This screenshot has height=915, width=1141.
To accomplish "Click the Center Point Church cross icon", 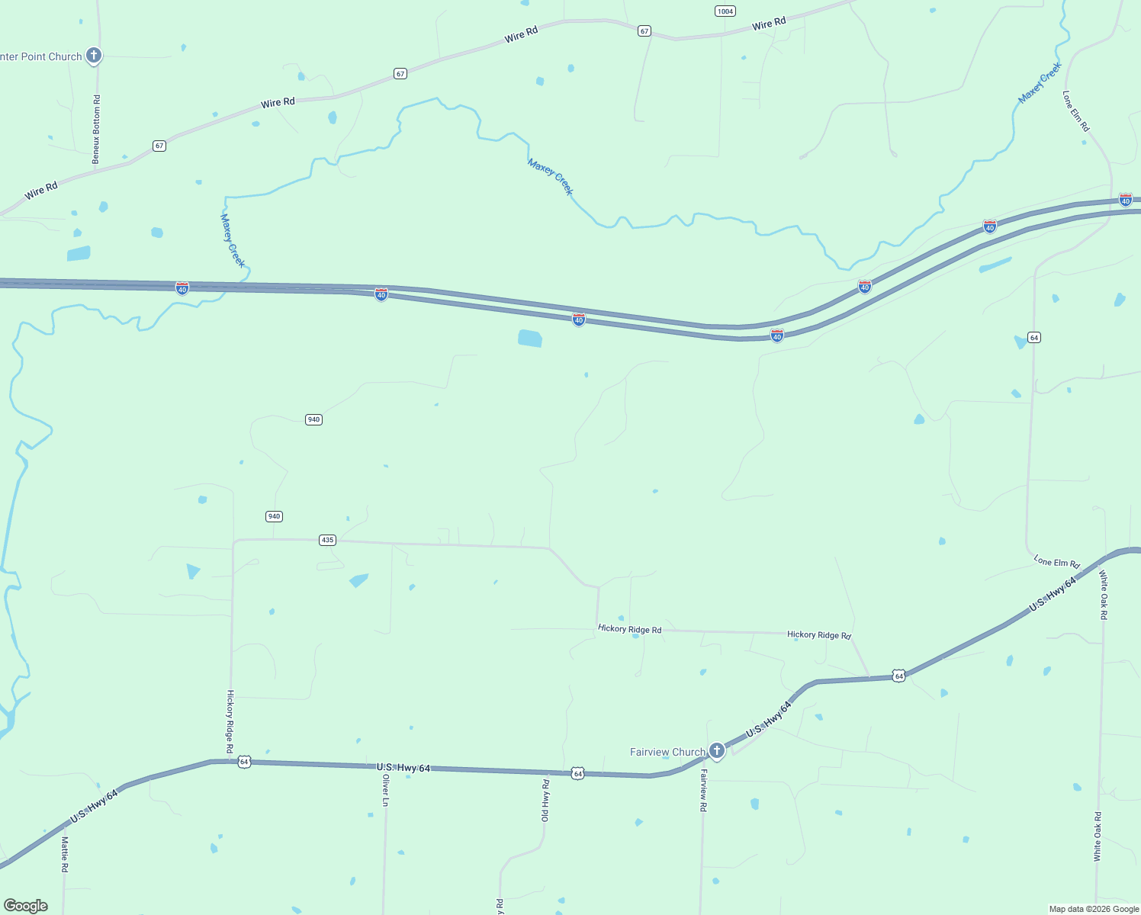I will pyautogui.click(x=94, y=55).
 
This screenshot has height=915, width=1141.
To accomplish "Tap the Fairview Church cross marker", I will pyautogui.click(x=716, y=750).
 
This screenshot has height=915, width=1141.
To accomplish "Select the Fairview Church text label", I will pyautogui.click(x=667, y=752).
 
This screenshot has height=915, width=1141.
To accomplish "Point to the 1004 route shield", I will pyautogui.click(x=725, y=11).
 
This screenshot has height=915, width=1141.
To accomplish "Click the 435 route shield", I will pyautogui.click(x=327, y=540).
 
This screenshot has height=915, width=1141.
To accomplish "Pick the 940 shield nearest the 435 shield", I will pyautogui.click(x=274, y=516).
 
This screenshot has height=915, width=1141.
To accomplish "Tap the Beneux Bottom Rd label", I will pyautogui.click(x=96, y=130).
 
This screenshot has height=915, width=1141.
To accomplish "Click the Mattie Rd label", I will pyautogui.click(x=65, y=854).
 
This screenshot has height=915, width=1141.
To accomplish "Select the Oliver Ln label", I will pyautogui.click(x=386, y=791).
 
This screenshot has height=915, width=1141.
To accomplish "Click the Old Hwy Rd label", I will pyautogui.click(x=545, y=801).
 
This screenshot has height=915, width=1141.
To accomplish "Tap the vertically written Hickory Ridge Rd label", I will pyautogui.click(x=230, y=722).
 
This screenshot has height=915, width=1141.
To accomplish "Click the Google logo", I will pyautogui.click(x=25, y=906).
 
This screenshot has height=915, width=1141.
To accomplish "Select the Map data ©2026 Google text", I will pyautogui.click(x=1094, y=909).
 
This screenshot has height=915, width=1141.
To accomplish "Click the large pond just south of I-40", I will pyautogui.click(x=529, y=338).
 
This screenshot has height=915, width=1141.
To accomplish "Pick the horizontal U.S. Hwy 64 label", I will pyautogui.click(x=403, y=767).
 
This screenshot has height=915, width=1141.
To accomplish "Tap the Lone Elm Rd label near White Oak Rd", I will pyautogui.click(x=1056, y=562).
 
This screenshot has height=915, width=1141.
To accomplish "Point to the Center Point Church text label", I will pyautogui.click(x=41, y=56).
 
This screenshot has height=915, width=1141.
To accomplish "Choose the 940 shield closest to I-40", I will pyautogui.click(x=313, y=419).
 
